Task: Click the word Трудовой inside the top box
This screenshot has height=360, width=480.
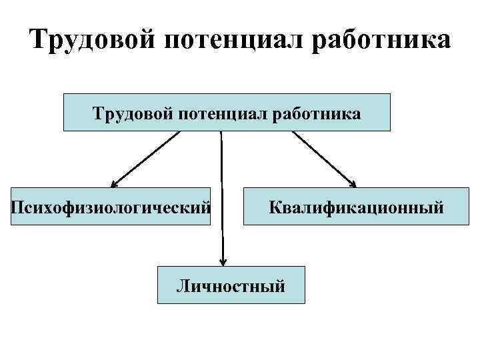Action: pos(131,114)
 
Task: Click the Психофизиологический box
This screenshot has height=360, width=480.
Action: pos(111,207)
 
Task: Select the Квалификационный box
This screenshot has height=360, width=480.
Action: pos(356,207)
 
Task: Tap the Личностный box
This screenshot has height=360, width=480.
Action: pos(231,285)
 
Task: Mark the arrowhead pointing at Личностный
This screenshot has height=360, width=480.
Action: pos(223,261)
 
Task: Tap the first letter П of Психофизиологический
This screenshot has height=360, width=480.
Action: pos(17,207)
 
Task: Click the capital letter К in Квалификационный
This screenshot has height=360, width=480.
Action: pos(274,207)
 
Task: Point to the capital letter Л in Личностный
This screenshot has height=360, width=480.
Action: pos(181,286)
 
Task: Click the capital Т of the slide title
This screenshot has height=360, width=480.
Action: pos(39,40)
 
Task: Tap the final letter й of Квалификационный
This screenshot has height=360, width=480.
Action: pos(438,207)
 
